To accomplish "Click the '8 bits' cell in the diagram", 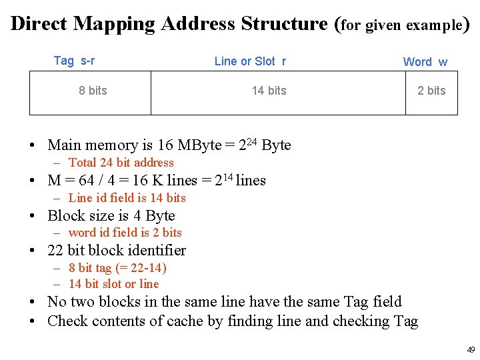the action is pos(93,91).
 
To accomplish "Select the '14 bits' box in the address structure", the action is pos(269,91).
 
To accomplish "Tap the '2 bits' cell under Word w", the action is pos(431,91).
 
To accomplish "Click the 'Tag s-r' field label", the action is pos(74,61).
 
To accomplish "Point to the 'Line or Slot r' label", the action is pos(250,61).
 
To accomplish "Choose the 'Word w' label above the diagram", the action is pos(425,62).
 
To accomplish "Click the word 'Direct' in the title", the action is pos(39,24).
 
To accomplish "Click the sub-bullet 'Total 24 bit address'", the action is pos(121,163).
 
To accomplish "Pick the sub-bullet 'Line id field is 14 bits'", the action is pos(127,198).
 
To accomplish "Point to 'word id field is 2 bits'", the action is pos(125,233).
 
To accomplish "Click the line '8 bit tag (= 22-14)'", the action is pos(117,268).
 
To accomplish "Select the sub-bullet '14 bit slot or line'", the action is pos(113,283).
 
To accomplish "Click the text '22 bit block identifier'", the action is pos(117,251).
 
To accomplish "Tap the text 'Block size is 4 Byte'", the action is pos(111,216).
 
